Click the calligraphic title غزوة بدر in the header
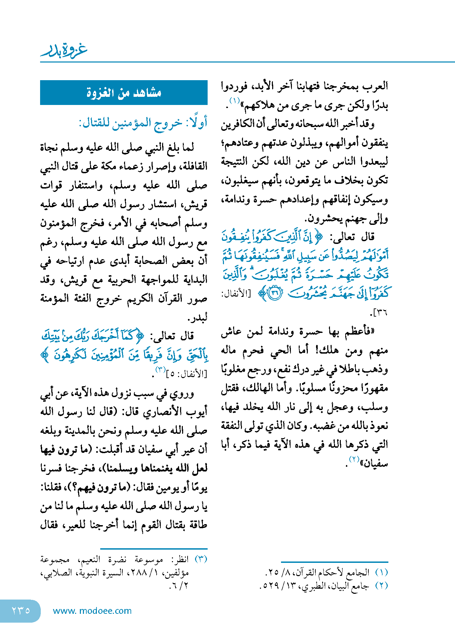tap(64, 51)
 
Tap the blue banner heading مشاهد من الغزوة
tap(124, 93)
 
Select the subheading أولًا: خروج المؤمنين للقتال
tap(143, 123)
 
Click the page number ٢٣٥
tap(21, 610)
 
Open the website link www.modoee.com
tap(92, 611)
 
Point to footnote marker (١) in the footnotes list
tap(382, 572)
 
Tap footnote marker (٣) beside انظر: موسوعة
tap(201, 559)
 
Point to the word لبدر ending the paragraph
tap(198, 318)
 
